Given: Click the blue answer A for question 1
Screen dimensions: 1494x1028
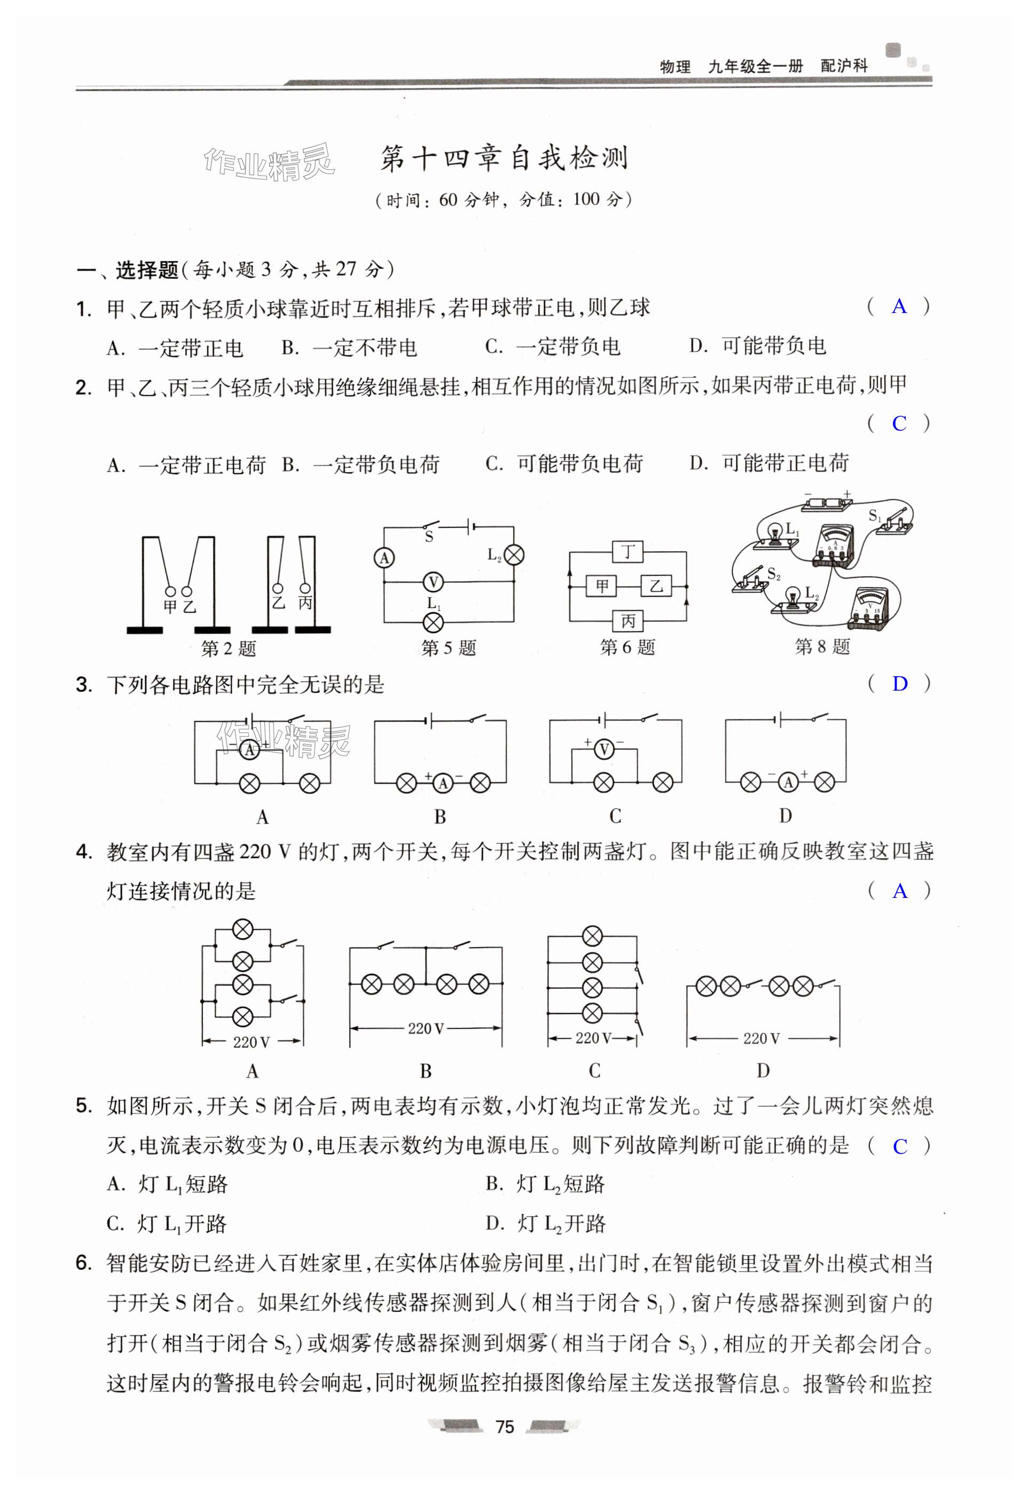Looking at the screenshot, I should (x=899, y=307).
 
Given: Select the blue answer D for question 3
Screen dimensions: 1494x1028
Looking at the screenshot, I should (x=899, y=684).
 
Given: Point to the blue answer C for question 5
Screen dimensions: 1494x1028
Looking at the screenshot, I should (x=899, y=1146).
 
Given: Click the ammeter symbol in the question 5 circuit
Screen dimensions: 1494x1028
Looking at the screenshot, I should (x=384, y=558).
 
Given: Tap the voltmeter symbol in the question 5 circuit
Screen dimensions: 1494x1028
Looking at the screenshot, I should (x=434, y=582).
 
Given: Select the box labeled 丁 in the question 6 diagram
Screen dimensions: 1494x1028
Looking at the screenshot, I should (x=628, y=552).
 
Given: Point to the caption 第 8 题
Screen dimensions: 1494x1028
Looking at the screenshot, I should (x=822, y=646).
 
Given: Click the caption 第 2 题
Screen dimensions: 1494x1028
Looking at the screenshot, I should (x=228, y=648).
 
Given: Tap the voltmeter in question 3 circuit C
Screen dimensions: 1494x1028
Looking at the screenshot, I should (x=603, y=749).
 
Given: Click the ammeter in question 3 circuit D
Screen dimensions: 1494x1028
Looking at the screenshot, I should (x=787, y=782).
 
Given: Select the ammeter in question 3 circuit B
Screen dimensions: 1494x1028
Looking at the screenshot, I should (x=443, y=783).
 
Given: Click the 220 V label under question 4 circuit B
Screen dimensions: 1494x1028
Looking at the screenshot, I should (x=426, y=1028).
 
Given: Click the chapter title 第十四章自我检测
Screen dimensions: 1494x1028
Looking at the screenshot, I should (x=504, y=159).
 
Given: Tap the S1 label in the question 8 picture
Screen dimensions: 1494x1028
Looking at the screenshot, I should (x=874, y=515).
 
